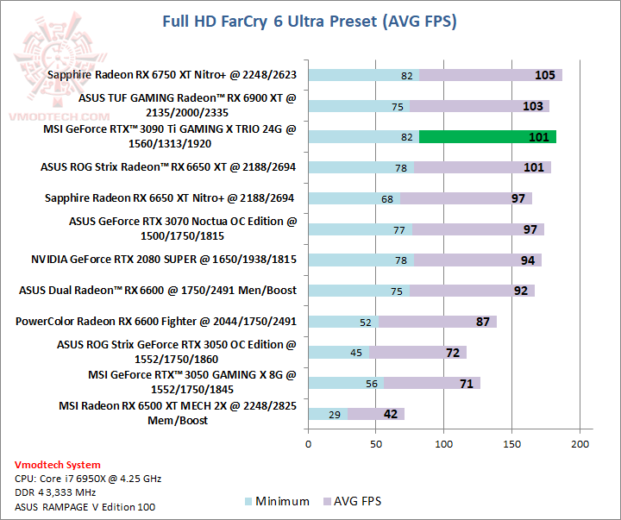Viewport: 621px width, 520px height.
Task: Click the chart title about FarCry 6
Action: [x=310, y=21]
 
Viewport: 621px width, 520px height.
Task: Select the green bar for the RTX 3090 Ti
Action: [x=487, y=136]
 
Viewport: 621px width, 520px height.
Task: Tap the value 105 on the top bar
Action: [x=544, y=75]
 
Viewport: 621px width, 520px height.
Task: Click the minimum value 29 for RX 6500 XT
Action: [x=334, y=414]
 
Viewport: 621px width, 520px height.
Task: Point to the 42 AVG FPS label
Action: [x=390, y=414]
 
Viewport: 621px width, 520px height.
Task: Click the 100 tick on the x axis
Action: [x=444, y=444]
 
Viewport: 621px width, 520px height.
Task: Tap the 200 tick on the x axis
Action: [x=580, y=444]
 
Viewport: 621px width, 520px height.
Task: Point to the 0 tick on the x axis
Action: [x=308, y=444]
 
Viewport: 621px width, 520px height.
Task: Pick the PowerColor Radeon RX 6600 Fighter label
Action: [x=156, y=321]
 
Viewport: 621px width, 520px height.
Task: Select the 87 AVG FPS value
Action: [x=483, y=322]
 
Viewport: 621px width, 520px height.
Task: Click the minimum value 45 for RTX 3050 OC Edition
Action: [x=356, y=353]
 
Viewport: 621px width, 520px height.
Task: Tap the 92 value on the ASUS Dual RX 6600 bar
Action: [x=520, y=291]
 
